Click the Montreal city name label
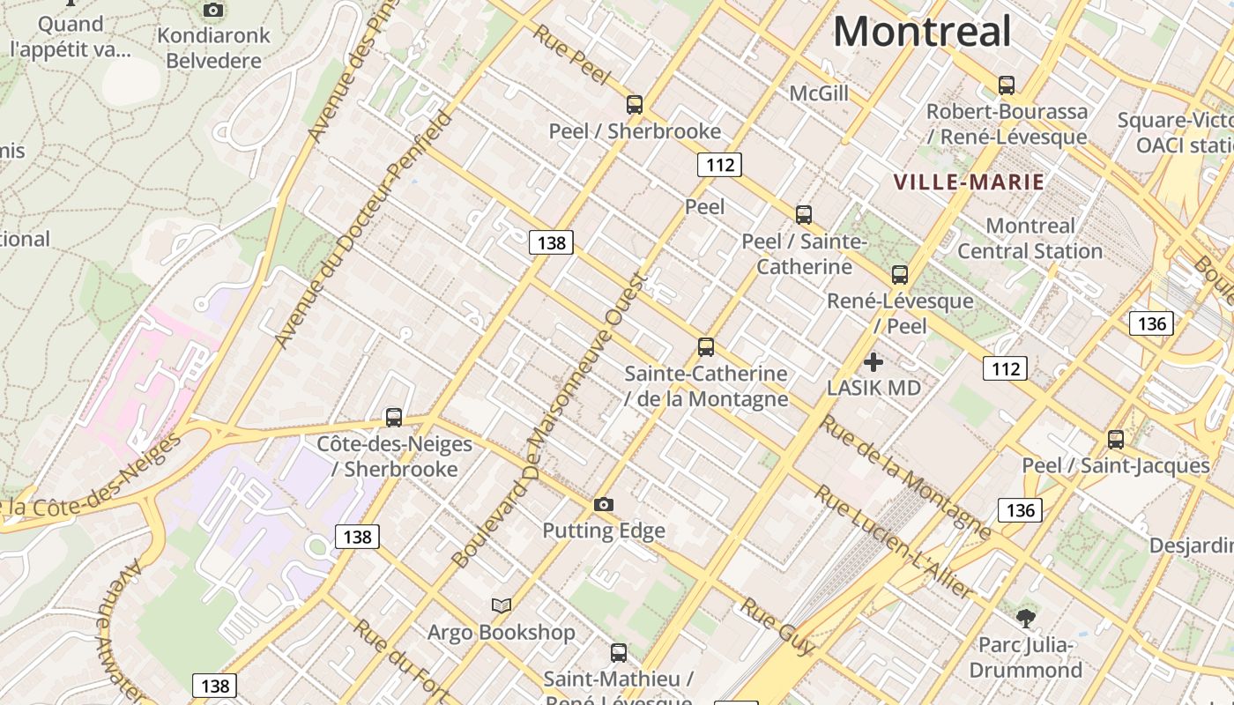[922, 33]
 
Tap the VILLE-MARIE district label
[969, 182]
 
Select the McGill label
[818, 93]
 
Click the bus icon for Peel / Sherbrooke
[635, 105]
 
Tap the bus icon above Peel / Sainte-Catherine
[803, 214]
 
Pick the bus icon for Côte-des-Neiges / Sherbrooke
[394, 418]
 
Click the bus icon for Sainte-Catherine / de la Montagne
[705, 347]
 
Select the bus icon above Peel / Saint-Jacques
[1116, 439]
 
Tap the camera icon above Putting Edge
[603, 505]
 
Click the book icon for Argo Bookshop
[502, 605]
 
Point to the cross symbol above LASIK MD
[873, 362]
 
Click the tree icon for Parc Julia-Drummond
[1025, 618]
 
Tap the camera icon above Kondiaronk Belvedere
[212, 11]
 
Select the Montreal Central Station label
[1030, 238]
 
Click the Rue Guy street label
[777, 627]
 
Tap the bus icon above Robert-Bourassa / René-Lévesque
[1007, 85]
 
